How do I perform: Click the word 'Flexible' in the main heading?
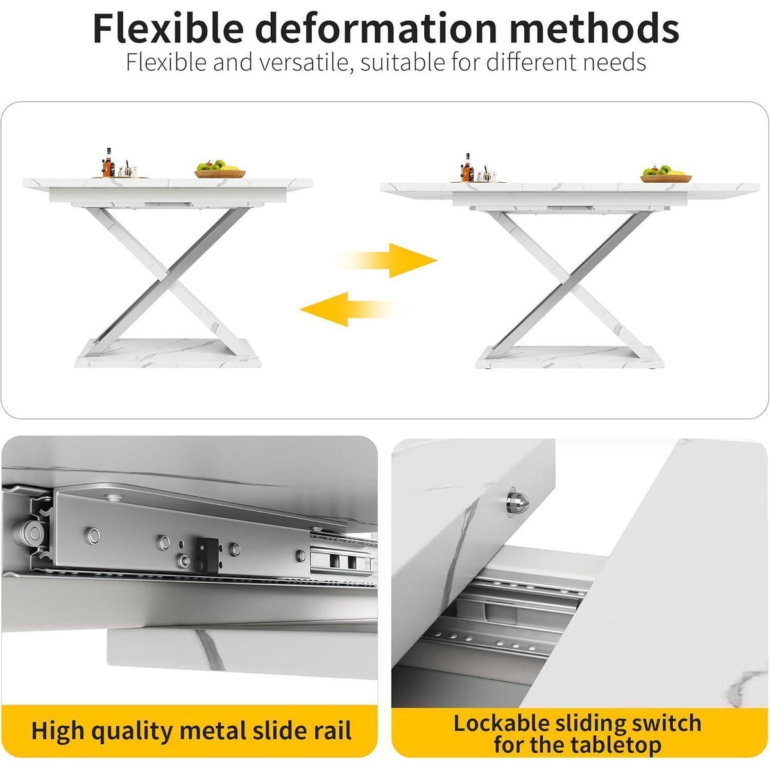coord(168,28)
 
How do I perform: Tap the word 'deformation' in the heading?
coord(376,28)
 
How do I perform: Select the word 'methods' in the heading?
coord(594,28)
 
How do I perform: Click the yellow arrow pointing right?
coord(387,260)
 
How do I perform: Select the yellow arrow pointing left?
coord(350,309)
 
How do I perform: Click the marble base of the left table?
coord(168,353)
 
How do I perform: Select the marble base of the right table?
coord(569,357)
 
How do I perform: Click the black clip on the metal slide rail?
coord(208,555)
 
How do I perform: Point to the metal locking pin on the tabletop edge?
coord(518,504)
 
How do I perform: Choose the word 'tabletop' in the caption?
coord(616,733)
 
